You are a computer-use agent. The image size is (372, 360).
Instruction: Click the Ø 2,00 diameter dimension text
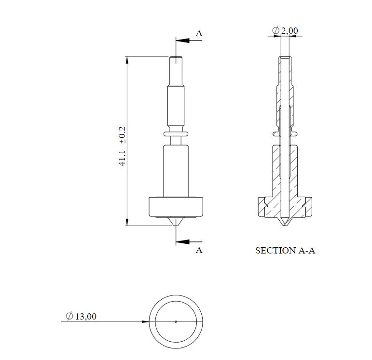285,31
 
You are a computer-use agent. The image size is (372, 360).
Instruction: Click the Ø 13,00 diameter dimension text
81,316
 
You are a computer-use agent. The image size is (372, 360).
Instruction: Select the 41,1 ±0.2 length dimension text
123,147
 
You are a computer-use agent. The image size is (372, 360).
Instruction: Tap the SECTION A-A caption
285,251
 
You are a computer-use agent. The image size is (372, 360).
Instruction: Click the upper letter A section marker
199,33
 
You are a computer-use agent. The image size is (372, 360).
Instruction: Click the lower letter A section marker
199,250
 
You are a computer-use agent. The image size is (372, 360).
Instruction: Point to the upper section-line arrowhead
179,41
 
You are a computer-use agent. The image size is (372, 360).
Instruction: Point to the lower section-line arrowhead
179,241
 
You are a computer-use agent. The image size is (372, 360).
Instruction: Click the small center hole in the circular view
176,321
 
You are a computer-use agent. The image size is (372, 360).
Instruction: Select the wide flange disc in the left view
176,207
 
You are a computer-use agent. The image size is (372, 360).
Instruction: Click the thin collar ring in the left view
176,133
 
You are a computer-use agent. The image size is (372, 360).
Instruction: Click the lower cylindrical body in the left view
176,171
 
